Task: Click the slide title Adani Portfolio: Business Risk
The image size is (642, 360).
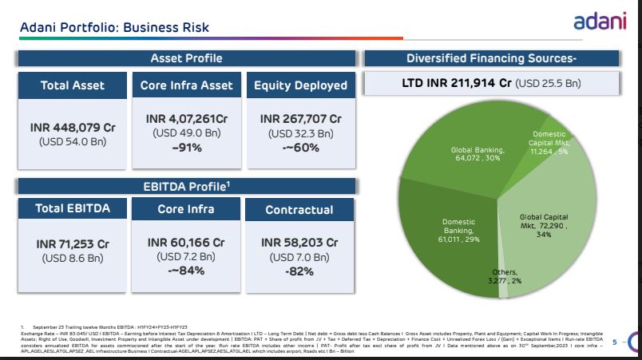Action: click(114, 28)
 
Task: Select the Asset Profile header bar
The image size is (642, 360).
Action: click(186, 58)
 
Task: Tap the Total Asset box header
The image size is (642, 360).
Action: click(73, 85)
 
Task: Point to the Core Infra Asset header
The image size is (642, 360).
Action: click(186, 85)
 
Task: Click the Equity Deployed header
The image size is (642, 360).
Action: click(300, 85)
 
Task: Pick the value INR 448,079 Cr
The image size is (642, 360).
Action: click(73, 127)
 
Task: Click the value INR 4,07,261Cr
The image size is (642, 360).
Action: click(186, 119)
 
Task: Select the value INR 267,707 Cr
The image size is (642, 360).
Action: click(300, 119)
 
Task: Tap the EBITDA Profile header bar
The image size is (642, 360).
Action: click(186, 186)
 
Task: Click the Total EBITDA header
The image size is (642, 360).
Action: click(73, 209)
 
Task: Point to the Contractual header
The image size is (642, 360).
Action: click(300, 210)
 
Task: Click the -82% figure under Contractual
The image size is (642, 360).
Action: click(300, 271)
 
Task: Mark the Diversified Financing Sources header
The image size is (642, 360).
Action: click(491, 58)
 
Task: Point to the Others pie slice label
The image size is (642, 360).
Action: click(504, 277)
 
